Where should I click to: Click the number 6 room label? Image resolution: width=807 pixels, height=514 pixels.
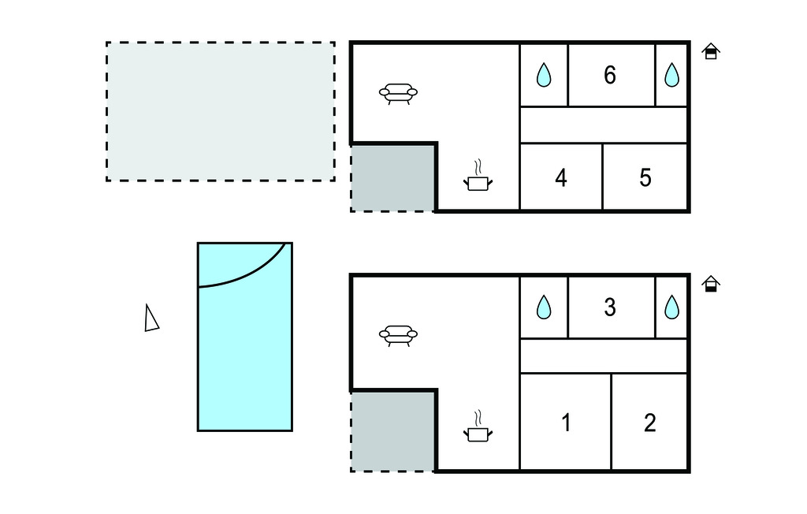609,76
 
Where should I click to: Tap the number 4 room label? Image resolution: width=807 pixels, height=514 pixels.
560,178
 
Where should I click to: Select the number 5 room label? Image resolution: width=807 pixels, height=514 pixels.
645,178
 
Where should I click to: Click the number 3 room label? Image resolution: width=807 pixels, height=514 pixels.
609,307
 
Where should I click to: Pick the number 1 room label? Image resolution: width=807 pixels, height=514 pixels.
566,423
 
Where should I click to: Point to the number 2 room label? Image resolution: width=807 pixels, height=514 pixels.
649,423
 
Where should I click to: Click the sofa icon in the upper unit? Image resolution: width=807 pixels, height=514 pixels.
398,94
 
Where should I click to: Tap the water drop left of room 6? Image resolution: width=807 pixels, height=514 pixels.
544,76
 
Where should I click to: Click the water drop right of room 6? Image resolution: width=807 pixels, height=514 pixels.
671,76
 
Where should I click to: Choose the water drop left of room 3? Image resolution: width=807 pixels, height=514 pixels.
544,307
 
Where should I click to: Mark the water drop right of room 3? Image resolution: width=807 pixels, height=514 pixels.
671,307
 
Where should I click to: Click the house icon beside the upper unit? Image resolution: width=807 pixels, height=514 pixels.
711,52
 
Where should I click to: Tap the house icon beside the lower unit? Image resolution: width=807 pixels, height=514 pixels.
711,284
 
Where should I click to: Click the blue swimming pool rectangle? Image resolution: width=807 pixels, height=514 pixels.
244,355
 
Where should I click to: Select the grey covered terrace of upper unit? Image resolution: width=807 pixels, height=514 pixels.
392,177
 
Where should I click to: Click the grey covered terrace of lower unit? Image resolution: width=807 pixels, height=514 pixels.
392,431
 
